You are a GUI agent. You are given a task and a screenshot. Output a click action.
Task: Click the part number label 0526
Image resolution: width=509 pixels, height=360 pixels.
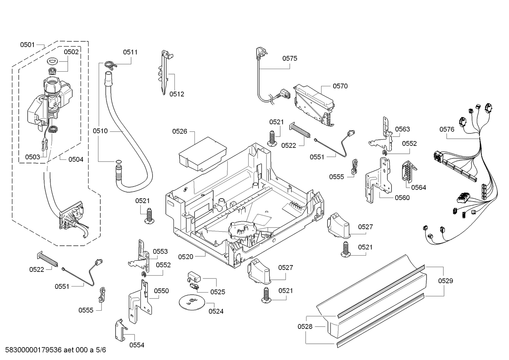[x=180, y=131]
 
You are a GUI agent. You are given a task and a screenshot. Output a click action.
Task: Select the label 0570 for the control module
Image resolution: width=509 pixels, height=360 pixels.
[x=340, y=86]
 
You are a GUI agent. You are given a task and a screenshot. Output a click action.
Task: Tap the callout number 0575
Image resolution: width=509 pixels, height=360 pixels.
[x=289, y=58]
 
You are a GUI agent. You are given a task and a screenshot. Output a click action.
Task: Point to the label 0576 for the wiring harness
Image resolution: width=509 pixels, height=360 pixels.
[x=447, y=129]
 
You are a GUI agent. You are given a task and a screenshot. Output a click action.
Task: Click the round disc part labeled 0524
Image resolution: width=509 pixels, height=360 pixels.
[x=192, y=301]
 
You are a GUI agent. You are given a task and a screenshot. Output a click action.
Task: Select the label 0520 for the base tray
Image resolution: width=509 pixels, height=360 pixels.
[x=186, y=257]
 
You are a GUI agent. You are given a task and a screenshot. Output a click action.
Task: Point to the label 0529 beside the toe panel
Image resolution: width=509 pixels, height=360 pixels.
[x=445, y=281]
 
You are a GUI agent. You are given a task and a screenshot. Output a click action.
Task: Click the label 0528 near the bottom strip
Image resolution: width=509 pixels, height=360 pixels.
[x=305, y=327]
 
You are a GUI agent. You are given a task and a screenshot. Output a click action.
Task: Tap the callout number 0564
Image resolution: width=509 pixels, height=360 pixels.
[x=418, y=187]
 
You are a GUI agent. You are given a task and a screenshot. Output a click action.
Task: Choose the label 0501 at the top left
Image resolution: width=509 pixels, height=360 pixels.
[x=27, y=45]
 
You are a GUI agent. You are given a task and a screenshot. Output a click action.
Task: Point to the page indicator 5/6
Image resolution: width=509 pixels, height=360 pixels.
[x=101, y=350]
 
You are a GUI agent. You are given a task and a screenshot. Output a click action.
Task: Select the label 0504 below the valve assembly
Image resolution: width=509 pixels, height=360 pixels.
[x=76, y=159]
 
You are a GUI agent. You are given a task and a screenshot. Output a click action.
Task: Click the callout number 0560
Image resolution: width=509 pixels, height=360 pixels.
[x=402, y=198]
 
